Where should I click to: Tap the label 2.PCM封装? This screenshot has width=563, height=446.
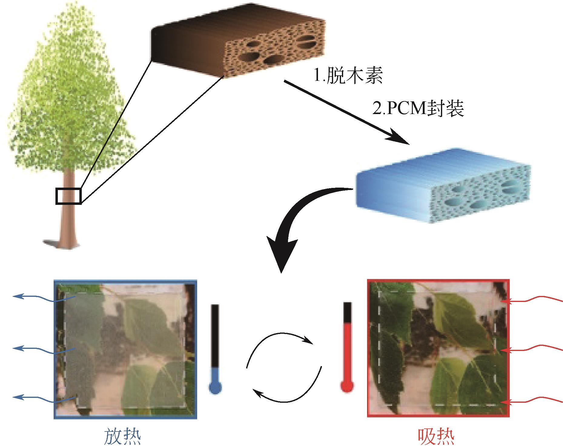point(418,109)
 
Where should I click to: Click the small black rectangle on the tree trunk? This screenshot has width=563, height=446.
point(68,196)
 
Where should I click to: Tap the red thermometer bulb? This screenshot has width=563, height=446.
point(347,386)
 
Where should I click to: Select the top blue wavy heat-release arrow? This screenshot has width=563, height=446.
point(42,298)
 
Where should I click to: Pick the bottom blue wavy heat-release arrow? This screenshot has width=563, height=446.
point(42,399)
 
